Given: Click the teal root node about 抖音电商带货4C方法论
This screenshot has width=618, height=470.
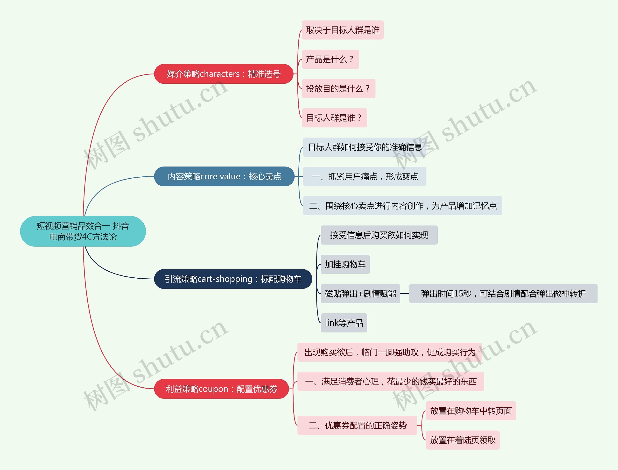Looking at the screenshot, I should (x=83, y=231).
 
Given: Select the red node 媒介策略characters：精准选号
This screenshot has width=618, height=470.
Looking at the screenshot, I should (x=224, y=74).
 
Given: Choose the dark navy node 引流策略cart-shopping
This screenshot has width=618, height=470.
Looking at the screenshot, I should (x=233, y=279).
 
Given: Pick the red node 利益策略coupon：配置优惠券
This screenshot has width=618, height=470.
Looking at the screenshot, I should (x=221, y=389).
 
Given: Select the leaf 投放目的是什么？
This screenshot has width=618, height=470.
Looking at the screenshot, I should (x=338, y=89).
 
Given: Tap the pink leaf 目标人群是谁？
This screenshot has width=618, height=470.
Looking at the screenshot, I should (x=334, y=118).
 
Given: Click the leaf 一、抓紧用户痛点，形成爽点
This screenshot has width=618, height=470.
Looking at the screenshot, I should (x=365, y=177).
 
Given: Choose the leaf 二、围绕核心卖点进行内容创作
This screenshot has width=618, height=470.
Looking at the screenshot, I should (x=402, y=206).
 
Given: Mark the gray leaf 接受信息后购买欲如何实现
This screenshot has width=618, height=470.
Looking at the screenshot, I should (x=379, y=235).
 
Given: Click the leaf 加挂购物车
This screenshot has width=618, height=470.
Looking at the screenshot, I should (x=345, y=264).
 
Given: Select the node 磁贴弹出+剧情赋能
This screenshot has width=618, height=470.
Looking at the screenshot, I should (x=360, y=294).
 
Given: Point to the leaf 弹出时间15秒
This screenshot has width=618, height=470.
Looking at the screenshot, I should (x=503, y=294).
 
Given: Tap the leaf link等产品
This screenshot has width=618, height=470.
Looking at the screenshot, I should (x=344, y=323).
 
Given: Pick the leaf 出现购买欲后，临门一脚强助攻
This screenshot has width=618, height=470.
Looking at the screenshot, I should (x=389, y=352).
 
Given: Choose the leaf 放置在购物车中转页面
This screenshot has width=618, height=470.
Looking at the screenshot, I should (x=471, y=411).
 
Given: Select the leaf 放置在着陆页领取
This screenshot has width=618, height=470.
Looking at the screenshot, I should (x=463, y=440).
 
